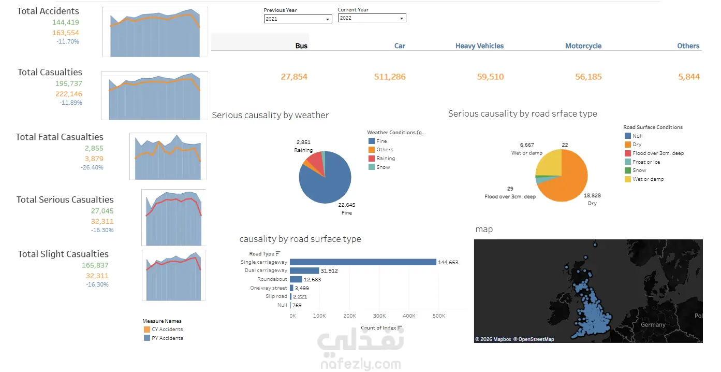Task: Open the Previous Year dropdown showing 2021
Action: click(298, 19)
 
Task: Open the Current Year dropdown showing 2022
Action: click(372, 18)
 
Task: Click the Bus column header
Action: click(301, 46)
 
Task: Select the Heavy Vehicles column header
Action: click(479, 46)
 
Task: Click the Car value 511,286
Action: click(390, 77)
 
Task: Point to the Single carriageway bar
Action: click(362, 262)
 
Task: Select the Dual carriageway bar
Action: click(304, 270)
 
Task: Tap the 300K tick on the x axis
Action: click(379, 316)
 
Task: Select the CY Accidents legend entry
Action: click(167, 330)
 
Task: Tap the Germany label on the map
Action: click(653, 325)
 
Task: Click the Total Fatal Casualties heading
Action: click(60, 137)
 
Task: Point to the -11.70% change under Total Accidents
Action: click(68, 41)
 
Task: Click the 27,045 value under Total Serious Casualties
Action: click(102, 211)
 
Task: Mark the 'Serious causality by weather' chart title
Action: click(270, 116)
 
